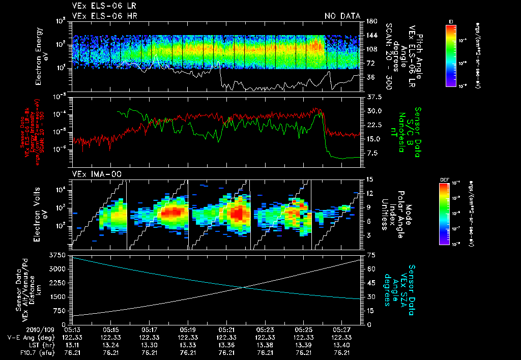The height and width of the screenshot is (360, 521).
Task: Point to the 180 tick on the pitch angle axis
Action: click(x=370, y=21)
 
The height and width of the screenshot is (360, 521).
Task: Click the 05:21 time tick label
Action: click(x=226, y=329)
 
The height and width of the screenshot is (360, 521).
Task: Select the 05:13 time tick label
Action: click(x=72, y=329)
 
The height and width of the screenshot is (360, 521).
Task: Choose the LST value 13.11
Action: click(x=72, y=345)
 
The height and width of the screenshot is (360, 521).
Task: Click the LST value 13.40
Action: click(x=342, y=345)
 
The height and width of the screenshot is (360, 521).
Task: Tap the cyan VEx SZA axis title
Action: click(x=402, y=285)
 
